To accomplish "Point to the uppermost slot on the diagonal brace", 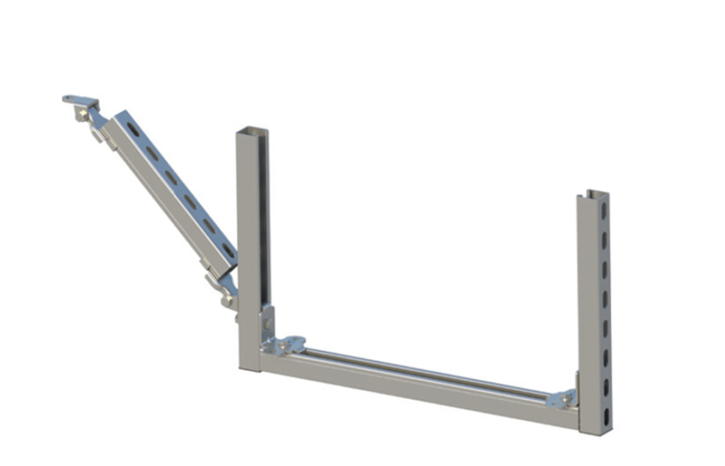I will click(x=133, y=129).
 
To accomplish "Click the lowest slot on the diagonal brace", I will click(x=228, y=250).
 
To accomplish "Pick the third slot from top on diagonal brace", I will click(x=171, y=177).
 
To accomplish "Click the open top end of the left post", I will click(x=252, y=130).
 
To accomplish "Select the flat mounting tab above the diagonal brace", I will click(x=80, y=99).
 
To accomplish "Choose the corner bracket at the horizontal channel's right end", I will click(x=563, y=398).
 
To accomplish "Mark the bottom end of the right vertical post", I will click(x=595, y=429).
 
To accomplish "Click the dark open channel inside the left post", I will click(x=263, y=224).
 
